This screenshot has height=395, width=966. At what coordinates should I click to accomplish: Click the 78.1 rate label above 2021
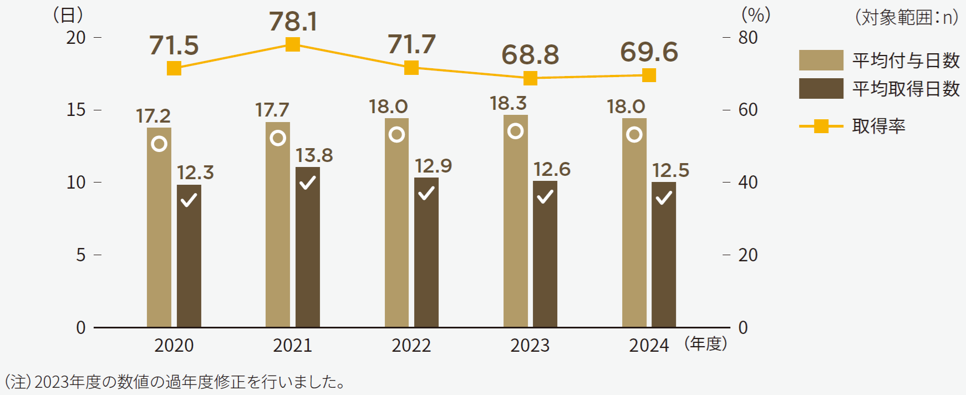pos(293,22)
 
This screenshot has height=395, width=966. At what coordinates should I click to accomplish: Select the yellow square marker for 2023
pos(530,78)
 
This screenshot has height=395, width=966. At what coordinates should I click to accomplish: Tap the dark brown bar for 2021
pos(307,247)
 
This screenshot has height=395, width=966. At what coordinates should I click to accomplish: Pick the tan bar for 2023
pos(515,222)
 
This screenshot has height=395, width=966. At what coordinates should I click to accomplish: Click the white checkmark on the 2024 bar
pos(664,197)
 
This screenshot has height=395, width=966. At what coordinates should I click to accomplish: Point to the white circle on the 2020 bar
pos(159,144)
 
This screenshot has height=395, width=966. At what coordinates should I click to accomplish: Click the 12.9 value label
pos(433,166)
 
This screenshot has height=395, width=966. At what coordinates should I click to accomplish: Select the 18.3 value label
pos(508,103)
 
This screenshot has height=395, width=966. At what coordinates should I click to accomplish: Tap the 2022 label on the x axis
pos(411,345)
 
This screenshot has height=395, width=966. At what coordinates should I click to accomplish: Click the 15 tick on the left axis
pos(76,110)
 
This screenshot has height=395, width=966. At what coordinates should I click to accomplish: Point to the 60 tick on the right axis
pos(748,110)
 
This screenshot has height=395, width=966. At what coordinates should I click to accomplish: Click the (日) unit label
pos(68,15)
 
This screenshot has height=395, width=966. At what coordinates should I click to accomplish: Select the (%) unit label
pos(756,15)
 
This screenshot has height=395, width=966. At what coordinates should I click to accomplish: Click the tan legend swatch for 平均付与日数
pos(821,60)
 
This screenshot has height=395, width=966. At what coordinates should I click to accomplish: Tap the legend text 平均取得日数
pos(906,89)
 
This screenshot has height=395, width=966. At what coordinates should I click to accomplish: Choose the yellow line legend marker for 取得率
pos(821,126)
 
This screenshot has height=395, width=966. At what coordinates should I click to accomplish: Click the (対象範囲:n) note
pos(906,17)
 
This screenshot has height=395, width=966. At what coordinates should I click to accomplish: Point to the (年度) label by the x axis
pos(705,343)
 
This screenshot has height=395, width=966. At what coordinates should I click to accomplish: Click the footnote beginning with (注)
pos(175,382)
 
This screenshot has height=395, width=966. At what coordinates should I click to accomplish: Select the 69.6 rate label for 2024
pos(649,52)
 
